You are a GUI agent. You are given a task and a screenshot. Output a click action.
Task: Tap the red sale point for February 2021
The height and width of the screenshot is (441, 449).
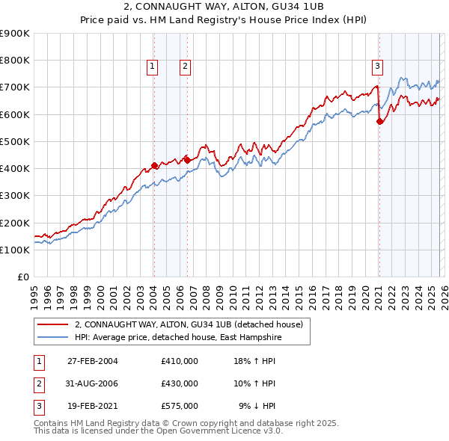click(379, 121)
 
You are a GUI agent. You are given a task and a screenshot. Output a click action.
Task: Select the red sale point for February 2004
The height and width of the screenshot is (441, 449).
click(154, 165)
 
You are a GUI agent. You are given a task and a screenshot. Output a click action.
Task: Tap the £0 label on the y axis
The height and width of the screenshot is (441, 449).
click(23, 277)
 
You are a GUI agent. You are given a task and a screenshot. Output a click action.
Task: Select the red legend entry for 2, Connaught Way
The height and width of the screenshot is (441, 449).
click(188, 324)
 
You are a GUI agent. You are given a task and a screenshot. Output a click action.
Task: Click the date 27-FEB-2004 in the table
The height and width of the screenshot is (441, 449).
click(92, 360)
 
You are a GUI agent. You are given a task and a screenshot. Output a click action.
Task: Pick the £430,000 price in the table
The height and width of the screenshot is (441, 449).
click(180, 383)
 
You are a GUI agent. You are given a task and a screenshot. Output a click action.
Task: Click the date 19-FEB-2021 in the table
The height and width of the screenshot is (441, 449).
click(92, 407)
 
